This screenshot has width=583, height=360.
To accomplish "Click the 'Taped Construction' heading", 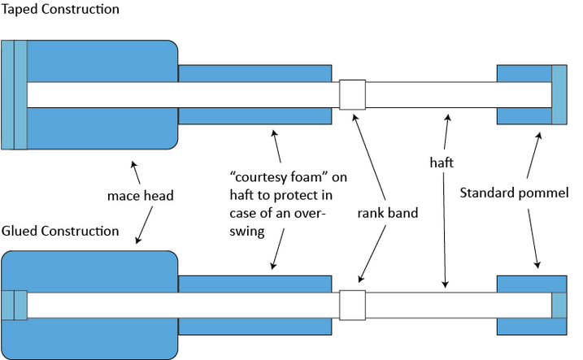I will (60, 10).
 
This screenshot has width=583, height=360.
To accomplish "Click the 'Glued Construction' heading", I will (60, 232).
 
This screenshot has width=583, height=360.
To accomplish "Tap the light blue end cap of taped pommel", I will (559, 94).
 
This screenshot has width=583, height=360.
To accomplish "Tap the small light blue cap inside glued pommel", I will (559, 305).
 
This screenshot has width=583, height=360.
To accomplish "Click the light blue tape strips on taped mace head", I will (14, 94).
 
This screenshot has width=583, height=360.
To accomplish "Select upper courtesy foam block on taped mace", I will (255, 72).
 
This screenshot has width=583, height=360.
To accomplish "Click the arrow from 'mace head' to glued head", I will (145, 226).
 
